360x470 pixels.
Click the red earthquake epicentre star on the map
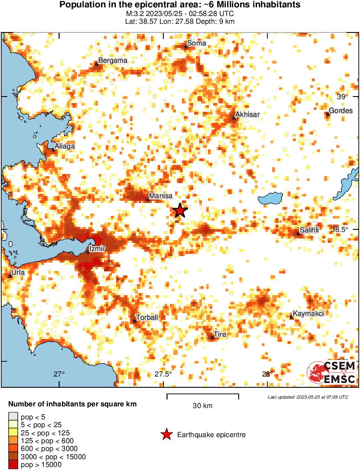pos(180,211)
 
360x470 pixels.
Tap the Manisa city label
pos(161,196)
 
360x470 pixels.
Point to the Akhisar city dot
pos(234,118)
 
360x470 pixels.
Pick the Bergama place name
pos(113,61)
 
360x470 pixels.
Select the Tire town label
pos(220,334)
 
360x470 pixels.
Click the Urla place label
pos(18,272)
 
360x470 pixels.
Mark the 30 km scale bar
pos(202,395)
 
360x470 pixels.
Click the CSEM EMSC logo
pos(331,373)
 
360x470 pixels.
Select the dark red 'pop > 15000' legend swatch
pos(13,465)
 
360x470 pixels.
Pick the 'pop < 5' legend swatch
pos(13,417)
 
